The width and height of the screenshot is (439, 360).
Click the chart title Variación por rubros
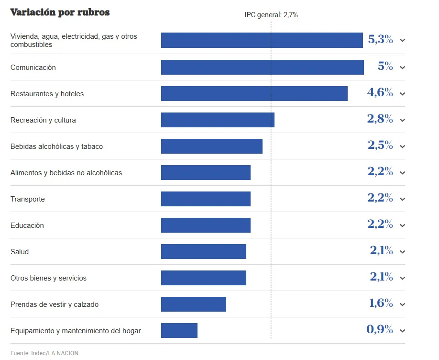click(60, 12)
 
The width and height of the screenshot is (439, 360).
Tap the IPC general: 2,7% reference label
click(271, 15)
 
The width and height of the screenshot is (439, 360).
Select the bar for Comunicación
click(262, 67)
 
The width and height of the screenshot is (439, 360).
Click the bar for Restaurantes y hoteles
click(254, 94)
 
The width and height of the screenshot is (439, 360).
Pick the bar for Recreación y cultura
click(218, 120)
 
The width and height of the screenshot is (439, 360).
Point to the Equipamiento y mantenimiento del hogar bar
click(179, 331)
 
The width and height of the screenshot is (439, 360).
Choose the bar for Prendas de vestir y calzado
click(194, 304)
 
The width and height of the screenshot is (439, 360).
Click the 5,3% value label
click(380, 40)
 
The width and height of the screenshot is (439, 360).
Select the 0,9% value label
click(380, 330)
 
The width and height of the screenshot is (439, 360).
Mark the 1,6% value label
click(381, 304)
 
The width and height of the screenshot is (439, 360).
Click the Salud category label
click(20, 252)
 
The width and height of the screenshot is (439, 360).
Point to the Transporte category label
click(28, 199)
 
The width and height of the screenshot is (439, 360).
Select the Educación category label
click(27, 225)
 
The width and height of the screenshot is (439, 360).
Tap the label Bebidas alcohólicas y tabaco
click(56, 146)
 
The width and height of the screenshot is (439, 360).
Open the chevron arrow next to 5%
click(402, 67)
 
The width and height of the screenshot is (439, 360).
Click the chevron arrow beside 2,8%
click(402, 120)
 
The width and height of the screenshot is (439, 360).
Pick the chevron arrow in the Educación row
click(402, 225)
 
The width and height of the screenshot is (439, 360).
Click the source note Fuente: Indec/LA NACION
click(44, 353)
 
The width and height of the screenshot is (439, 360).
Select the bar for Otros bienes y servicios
click(204, 278)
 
